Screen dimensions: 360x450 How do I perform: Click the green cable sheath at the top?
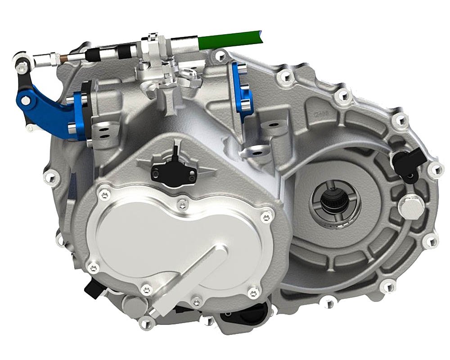[234, 38]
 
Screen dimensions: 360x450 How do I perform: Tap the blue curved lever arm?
[38, 103]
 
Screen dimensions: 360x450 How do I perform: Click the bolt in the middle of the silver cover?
[182, 205]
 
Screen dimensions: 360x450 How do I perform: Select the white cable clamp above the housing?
[155, 45]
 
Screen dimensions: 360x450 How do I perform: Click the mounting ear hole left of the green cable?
[220, 56]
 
